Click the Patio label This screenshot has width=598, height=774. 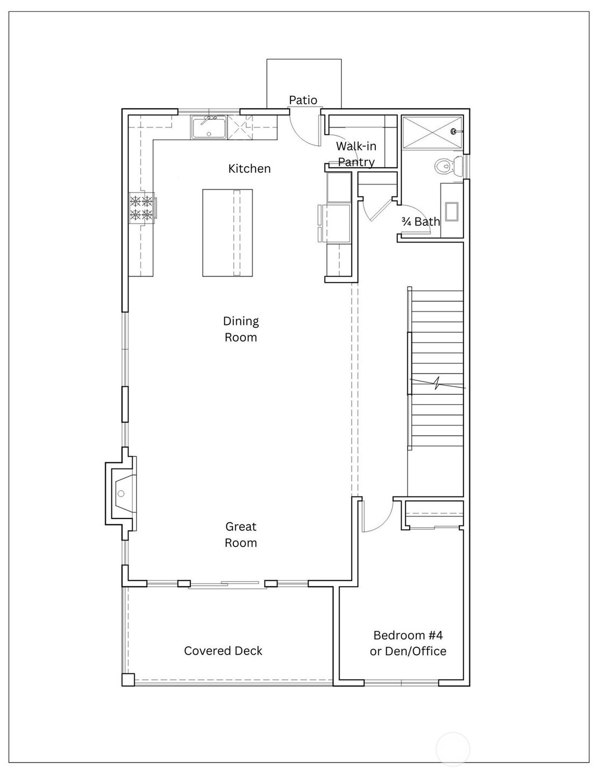pyautogui.click(x=303, y=100)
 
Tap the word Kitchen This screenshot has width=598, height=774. pyautogui.click(x=249, y=168)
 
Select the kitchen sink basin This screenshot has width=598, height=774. pyautogui.click(x=209, y=127)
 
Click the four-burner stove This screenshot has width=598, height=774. pyautogui.click(x=142, y=207)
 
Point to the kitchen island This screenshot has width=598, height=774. pyautogui.click(x=227, y=232)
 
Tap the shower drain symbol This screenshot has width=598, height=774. pyautogui.click(x=453, y=131)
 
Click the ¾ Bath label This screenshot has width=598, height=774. pyautogui.click(x=421, y=222)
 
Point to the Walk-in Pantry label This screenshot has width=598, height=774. pyautogui.click(x=357, y=154)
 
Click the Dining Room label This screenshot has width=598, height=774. pyautogui.click(x=240, y=329)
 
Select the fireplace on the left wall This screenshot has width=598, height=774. pyautogui.click(x=121, y=493)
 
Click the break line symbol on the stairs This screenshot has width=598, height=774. pyautogui.click(x=437, y=384)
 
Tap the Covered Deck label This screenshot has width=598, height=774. pyautogui.click(x=223, y=651)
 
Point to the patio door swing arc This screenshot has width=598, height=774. pyautogui.click(x=303, y=133)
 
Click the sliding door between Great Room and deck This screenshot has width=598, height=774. pyautogui.click(x=227, y=584)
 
